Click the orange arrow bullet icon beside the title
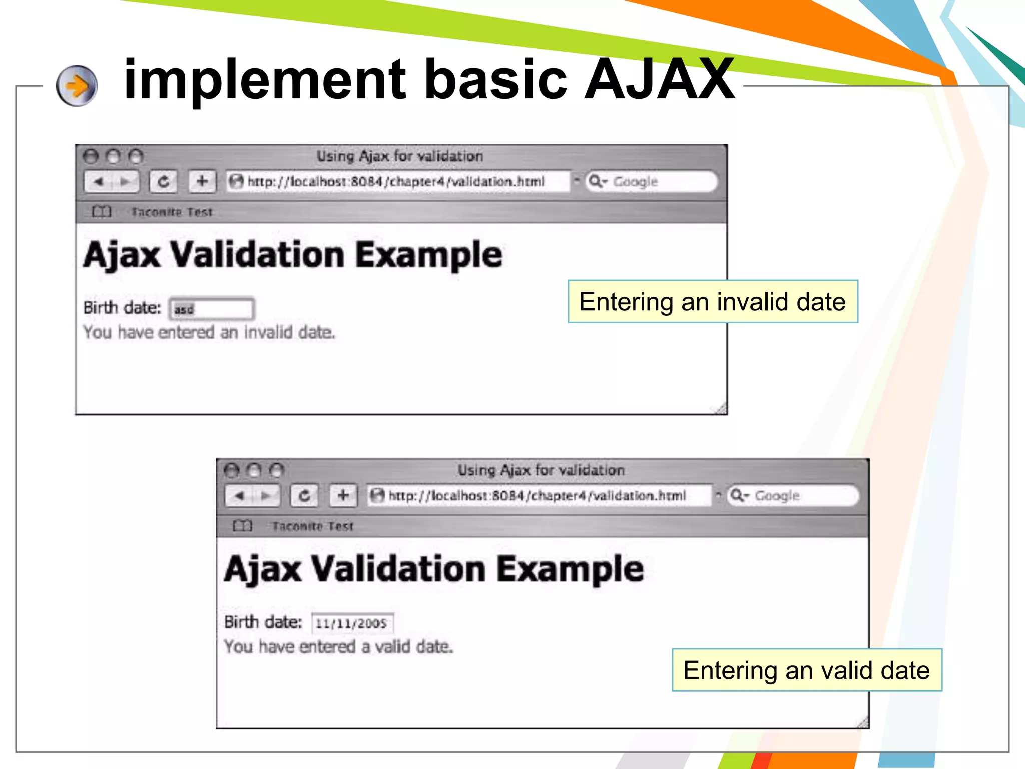77,86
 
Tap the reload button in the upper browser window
164,181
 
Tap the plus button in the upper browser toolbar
202,181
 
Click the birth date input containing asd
212,309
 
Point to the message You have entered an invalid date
209,332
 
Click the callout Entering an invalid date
713,302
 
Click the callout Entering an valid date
807,670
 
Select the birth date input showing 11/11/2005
352,623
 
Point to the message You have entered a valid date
338,647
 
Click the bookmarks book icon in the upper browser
101,212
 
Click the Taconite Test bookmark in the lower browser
313,526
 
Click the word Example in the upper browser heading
429,255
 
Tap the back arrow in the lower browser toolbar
240,496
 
